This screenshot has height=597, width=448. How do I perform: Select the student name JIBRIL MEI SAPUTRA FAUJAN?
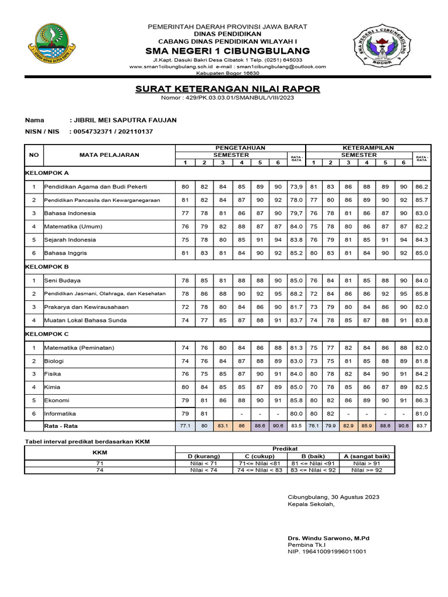click(123, 120)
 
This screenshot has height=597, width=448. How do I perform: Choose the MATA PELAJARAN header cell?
click(110, 155)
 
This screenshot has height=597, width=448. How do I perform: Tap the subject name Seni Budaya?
click(62, 280)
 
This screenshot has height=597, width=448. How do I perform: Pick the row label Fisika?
click(53, 374)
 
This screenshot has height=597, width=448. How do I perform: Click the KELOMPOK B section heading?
click(47, 266)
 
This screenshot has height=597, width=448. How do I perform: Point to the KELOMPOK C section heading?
click(47, 334)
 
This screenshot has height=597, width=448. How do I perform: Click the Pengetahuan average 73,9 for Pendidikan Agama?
click(296, 187)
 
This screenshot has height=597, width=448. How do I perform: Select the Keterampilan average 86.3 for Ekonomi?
click(422, 401)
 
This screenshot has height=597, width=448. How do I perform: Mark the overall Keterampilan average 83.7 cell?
click(422, 426)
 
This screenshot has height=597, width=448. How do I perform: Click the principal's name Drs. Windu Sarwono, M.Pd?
click(329, 538)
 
